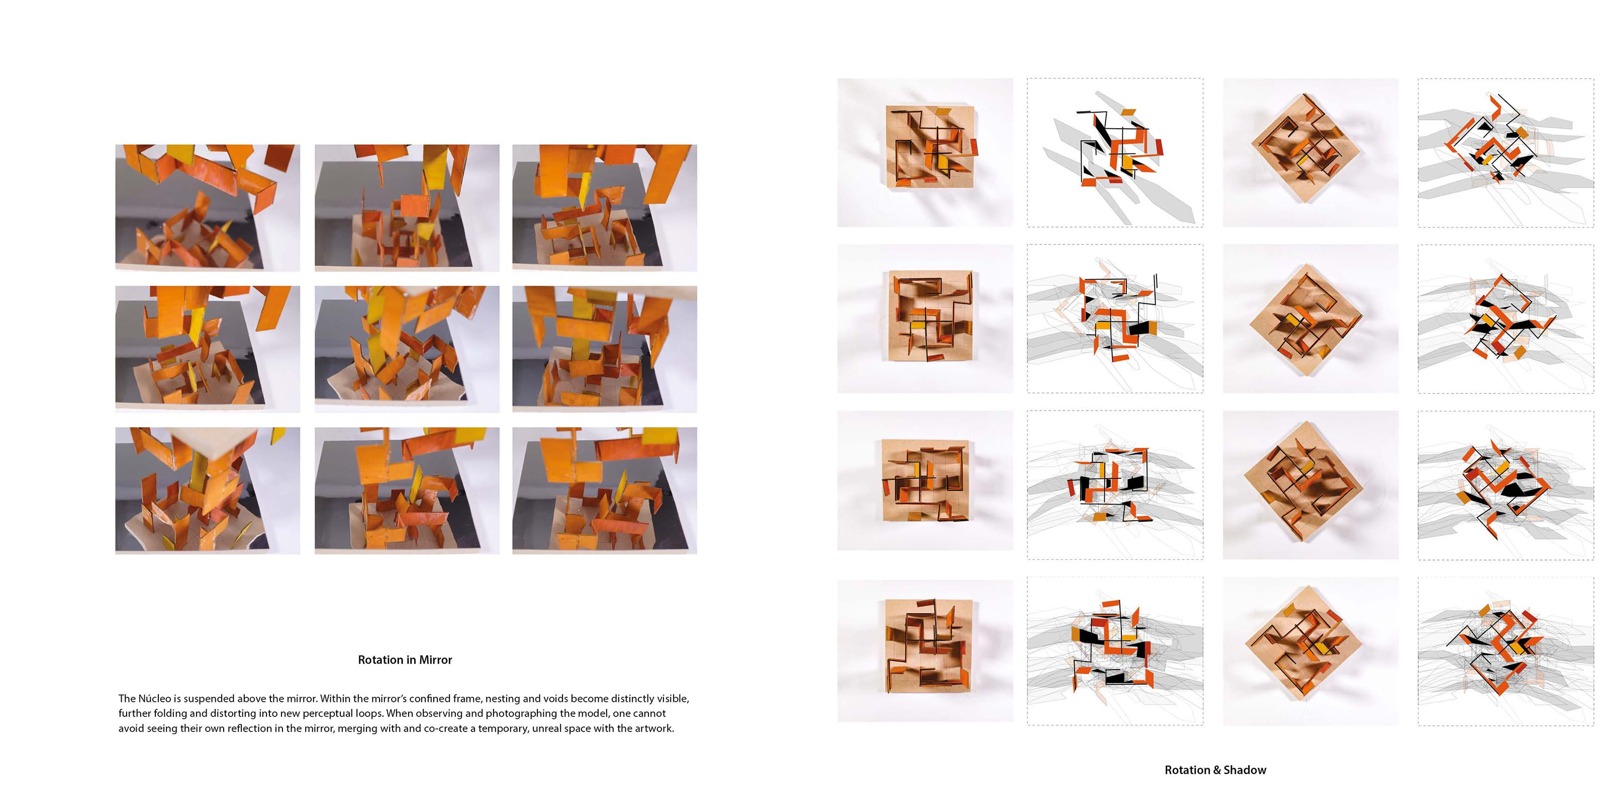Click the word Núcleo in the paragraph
tap(154, 698)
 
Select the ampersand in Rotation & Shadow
tap(1216, 770)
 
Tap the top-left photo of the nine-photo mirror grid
tap(208, 208)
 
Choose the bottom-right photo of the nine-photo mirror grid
tap(605, 491)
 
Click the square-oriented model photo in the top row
tap(925, 152)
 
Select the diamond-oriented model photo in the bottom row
tap(1311, 651)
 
